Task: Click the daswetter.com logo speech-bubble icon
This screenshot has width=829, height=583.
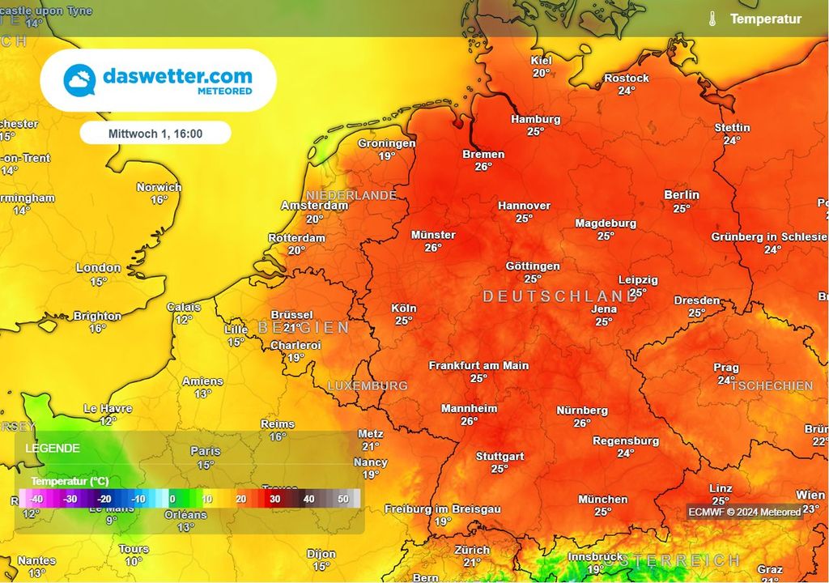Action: tap(79, 79)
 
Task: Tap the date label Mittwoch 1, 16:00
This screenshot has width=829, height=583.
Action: tap(155, 134)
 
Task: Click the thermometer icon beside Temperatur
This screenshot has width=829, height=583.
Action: tap(712, 19)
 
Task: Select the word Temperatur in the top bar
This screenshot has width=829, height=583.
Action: tap(765, 19)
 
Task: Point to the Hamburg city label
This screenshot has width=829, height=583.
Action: tap(535, 119)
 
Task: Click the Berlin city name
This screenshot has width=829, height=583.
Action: tap(681, 195)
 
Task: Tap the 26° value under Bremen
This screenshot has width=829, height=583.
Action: tap(483, 167)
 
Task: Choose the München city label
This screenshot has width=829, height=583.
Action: tap(602, 500)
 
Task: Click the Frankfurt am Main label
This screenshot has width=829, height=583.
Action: tap(478, 365)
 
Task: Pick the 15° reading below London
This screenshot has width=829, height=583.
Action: tap(98, 282)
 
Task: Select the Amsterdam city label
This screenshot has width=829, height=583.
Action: tap(314, 206)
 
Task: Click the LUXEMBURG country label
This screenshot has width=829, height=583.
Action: tap(368, 386)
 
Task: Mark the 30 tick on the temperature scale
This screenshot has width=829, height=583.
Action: tap(274, 499)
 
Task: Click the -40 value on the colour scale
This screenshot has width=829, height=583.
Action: tap(36, 499)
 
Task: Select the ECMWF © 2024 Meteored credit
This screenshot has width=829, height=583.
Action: tap(744, 512)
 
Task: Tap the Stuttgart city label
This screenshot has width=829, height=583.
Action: tap(500, 456)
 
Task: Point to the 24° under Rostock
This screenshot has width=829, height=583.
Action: tap(626, 91)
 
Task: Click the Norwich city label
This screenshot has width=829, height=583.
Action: tap(159, 187)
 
